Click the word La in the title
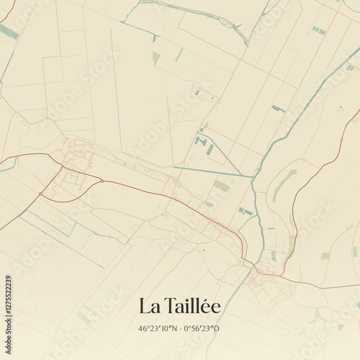(149, 306)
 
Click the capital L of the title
(145, 306)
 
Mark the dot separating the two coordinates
(180, 328)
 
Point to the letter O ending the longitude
(217, 328)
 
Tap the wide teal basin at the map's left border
(9, 32)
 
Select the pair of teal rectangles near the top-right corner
(318, 30)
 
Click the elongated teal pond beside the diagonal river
(278, 109)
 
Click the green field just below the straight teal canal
(221, 186)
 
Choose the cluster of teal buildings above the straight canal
(204, 143)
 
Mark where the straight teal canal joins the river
(253, 176)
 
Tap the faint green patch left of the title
(85, 315)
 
